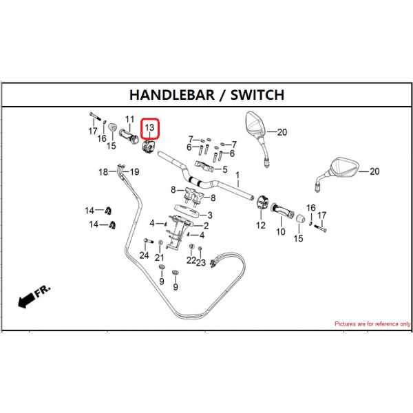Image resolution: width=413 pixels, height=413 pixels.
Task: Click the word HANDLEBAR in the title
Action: coord(172,95)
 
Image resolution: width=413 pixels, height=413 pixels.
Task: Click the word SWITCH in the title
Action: coord(257,95)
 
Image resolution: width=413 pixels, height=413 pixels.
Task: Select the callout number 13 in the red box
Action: coord(149,128)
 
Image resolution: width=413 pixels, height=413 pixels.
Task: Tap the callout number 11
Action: coord(129,119)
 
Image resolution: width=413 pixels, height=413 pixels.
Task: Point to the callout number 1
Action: coord(237,175)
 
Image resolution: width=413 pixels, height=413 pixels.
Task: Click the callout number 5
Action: coord(224,169)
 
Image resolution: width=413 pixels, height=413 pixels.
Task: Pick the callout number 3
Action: coord(210,215)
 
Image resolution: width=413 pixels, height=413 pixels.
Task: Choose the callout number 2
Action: coord(206,226)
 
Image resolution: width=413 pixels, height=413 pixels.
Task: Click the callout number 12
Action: coord(261,226)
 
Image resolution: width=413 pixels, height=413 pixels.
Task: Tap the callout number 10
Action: coord(281,232)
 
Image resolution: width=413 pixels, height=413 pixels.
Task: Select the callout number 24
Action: coord(144,255)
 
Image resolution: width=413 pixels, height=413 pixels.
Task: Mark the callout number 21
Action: coord(160,257)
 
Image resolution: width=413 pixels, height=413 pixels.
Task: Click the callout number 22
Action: coord(191,260)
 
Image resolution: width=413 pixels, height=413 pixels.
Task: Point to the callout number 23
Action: coord(201,262)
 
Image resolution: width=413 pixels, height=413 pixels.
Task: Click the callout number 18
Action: coord(103,172)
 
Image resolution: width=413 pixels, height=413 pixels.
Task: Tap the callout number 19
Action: coord(134,172)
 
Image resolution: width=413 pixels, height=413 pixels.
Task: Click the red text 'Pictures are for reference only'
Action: coord(372,324)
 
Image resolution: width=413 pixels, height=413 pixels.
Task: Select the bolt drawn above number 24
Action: coord(149,241)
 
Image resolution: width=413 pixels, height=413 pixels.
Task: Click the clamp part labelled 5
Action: coord(204,166)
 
